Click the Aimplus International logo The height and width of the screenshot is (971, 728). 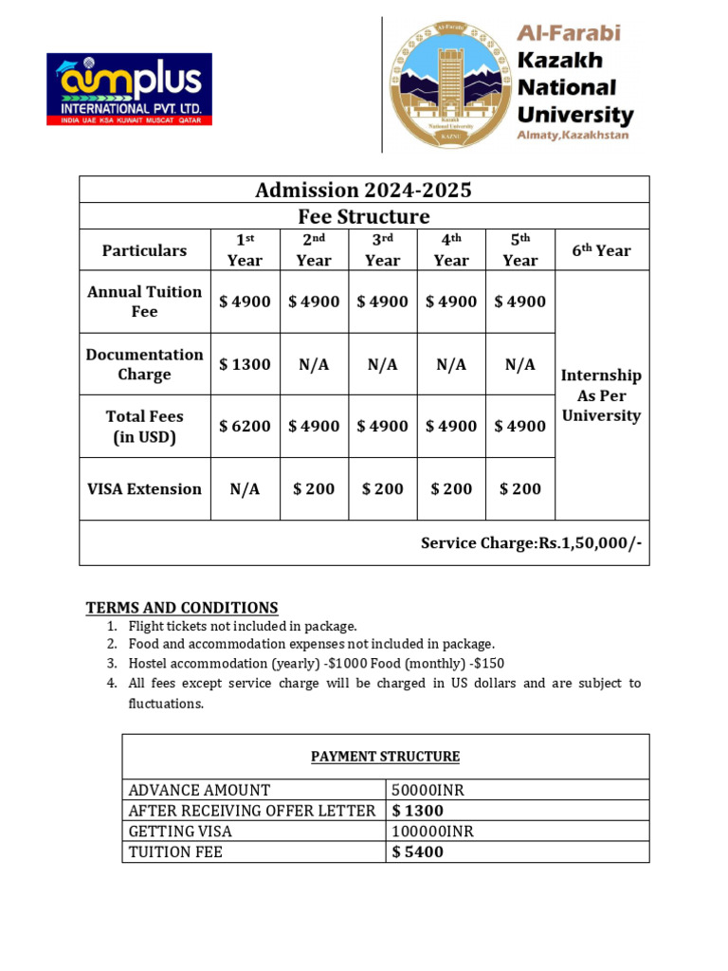pos(130,89)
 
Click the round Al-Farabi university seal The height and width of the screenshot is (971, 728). pos(449,83)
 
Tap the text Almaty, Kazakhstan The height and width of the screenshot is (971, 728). pos(573,136)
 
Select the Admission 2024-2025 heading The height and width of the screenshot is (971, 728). pos(363,190)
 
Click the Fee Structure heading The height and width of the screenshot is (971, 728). pos(363,216)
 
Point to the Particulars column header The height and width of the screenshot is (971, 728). pos(145,250)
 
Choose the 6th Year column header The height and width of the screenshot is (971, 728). pos(601,250)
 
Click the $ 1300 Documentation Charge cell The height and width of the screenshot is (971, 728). pos(245,364)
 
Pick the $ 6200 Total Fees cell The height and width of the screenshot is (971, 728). pos(245,427)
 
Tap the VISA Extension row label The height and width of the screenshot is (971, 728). pos(145,489)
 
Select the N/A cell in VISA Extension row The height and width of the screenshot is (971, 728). pos(245,489)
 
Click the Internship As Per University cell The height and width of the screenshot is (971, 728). pos(601,395)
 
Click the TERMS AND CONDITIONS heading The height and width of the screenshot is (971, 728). pos(182,608)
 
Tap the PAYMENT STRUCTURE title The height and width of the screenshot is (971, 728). pos(386,757)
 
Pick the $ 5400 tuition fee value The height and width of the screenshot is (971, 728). pos(418,852)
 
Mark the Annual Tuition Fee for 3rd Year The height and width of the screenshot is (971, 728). pos(382,302)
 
